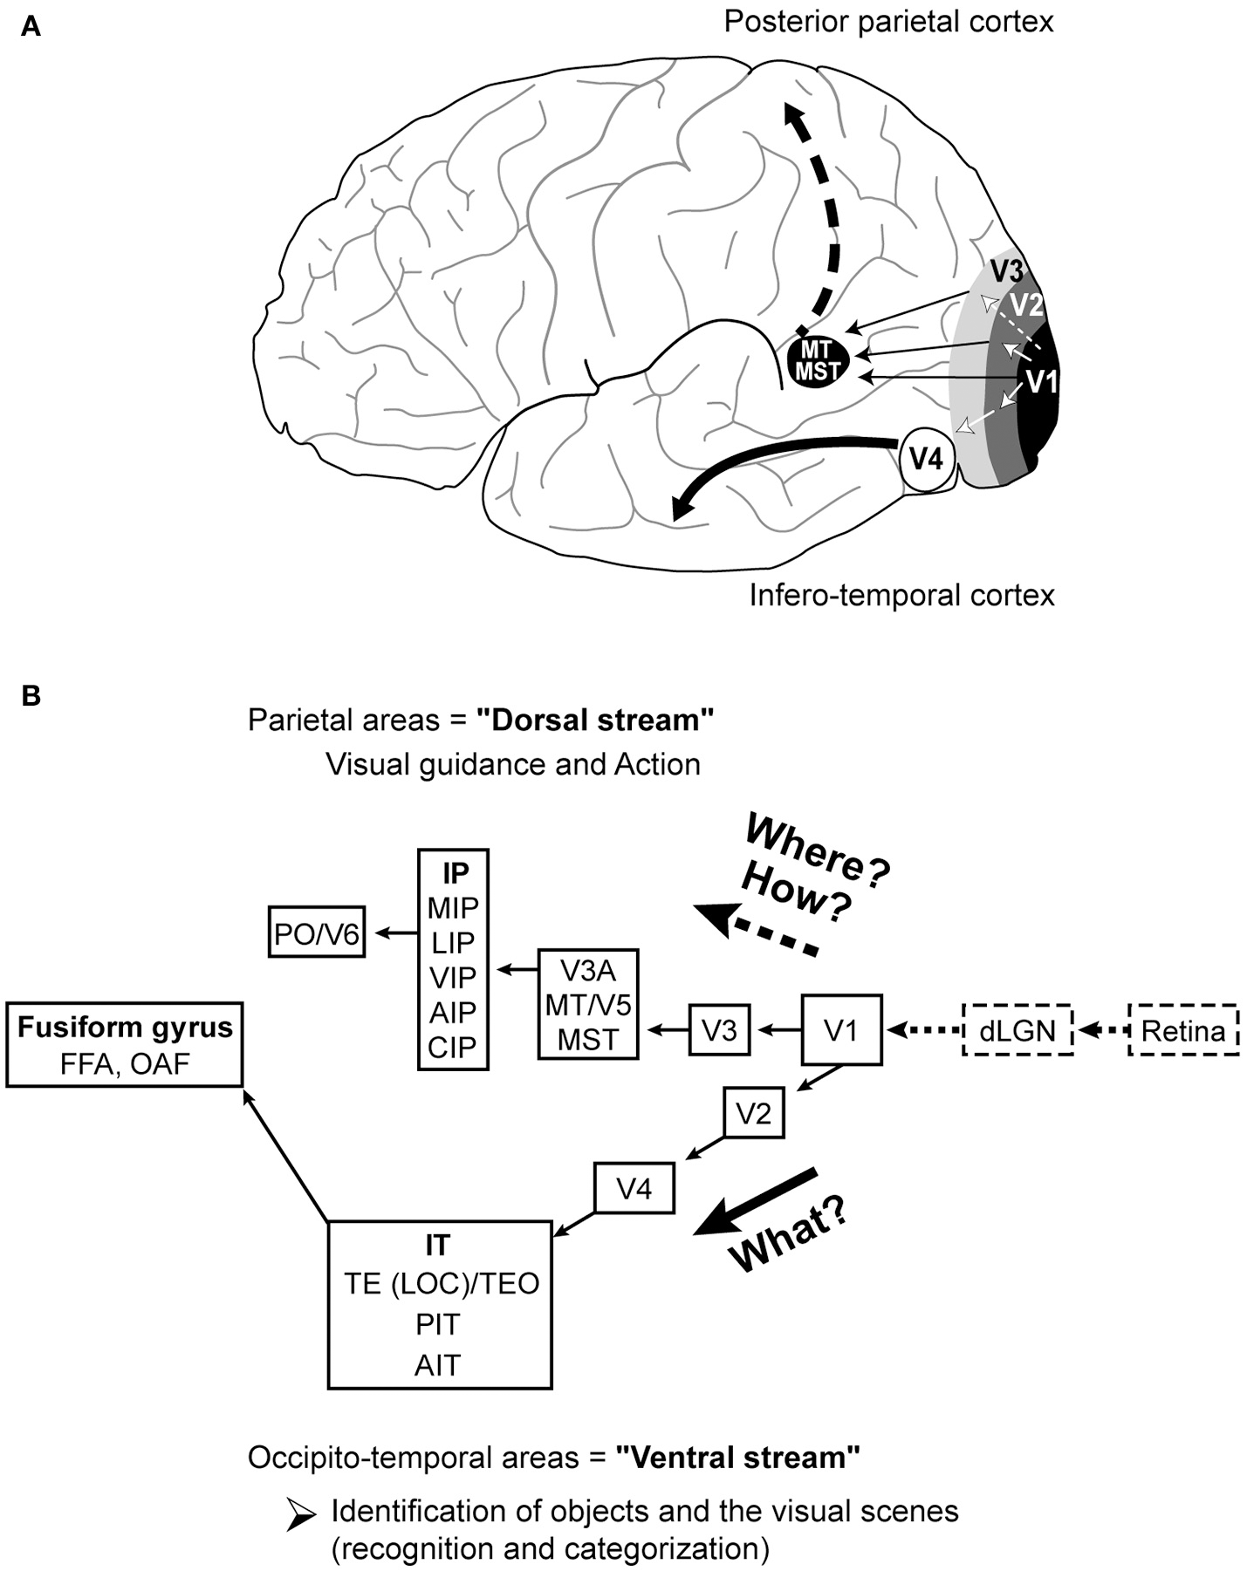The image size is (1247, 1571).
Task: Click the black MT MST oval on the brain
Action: tap(817, 360)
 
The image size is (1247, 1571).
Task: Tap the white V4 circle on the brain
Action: tap(926, 458)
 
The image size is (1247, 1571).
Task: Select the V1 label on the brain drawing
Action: tap(1040, 382)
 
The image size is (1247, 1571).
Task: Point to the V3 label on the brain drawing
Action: tap(1006, 270)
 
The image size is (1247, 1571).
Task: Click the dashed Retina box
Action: tap(1183, 1031)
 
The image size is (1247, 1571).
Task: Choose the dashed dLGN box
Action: tap(1017, 1031)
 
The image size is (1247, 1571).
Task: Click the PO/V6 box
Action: tap(316, 934)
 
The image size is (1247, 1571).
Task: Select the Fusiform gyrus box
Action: tap(125, 1044)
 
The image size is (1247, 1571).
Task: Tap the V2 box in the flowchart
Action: tap(753, 1113)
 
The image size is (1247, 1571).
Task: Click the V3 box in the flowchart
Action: tap(720, 1030)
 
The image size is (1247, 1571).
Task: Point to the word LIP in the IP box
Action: tap(453, 942)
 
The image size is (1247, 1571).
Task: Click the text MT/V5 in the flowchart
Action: tap(588, 1005)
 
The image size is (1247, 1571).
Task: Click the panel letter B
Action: tap(31, 696)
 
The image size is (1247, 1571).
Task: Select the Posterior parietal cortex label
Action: tap(888, 21)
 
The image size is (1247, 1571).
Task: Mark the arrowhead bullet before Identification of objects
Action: tap(302, 1517)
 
